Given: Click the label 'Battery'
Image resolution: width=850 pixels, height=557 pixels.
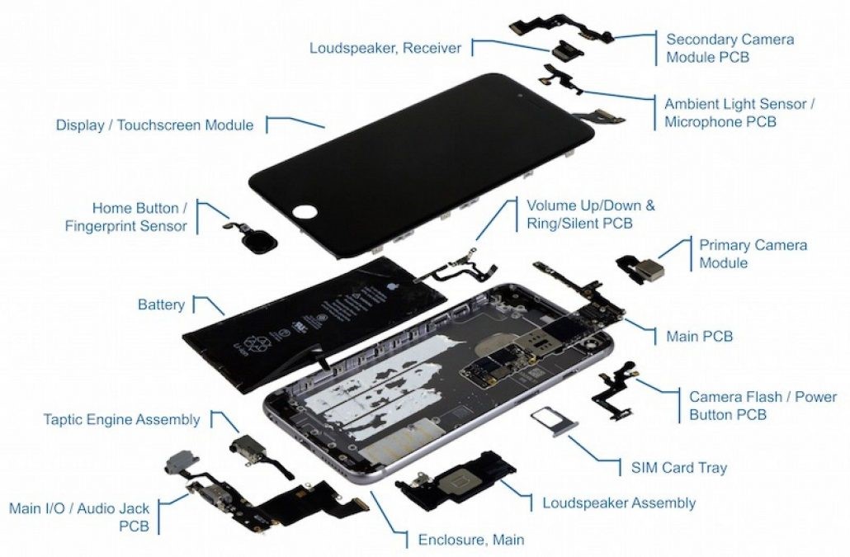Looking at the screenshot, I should click(161, 305).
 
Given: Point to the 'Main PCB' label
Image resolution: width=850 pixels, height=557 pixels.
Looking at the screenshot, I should click(699, 337).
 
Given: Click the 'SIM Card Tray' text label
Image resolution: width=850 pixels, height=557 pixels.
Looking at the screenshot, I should click(673, 468).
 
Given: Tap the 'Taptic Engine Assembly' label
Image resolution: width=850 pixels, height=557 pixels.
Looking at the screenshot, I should click(121, 420).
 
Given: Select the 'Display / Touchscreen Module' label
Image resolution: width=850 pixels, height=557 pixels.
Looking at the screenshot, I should click(154, 125).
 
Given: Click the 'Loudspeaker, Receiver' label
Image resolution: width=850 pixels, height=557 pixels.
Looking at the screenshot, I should click(385, 48).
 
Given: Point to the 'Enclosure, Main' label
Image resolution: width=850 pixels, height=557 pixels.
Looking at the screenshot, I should click(470, 540).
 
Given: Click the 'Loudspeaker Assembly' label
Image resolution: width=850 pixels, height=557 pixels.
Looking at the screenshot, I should click(618, 503).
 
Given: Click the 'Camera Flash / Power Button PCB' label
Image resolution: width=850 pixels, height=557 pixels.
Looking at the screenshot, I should click(763, 406).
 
